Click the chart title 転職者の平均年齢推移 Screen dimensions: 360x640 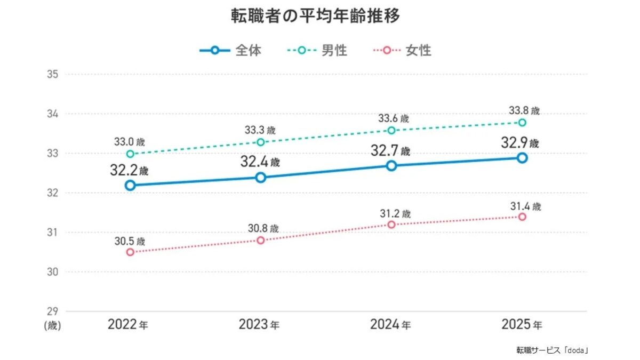tap(315, 15)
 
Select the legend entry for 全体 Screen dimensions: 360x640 tap(230, 51)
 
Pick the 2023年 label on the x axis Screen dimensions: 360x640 tap(259, 324)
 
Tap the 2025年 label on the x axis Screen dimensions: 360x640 tap(522, 324)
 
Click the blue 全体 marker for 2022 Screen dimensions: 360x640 tap(130, 186)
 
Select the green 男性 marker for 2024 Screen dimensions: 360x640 tap(391, 130)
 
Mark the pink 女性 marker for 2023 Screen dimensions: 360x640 tap(260, 241)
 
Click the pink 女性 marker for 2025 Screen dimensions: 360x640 tap(522, 217)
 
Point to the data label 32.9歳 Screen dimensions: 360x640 tap(519, 144)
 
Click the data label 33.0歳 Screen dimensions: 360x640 tap(129, 142)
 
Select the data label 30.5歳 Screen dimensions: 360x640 tap(129, 241)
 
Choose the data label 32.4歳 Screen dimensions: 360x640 tap(260, 162)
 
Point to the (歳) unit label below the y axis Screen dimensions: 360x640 tap(52, 325)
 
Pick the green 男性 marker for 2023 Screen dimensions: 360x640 tap(260, 142)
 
